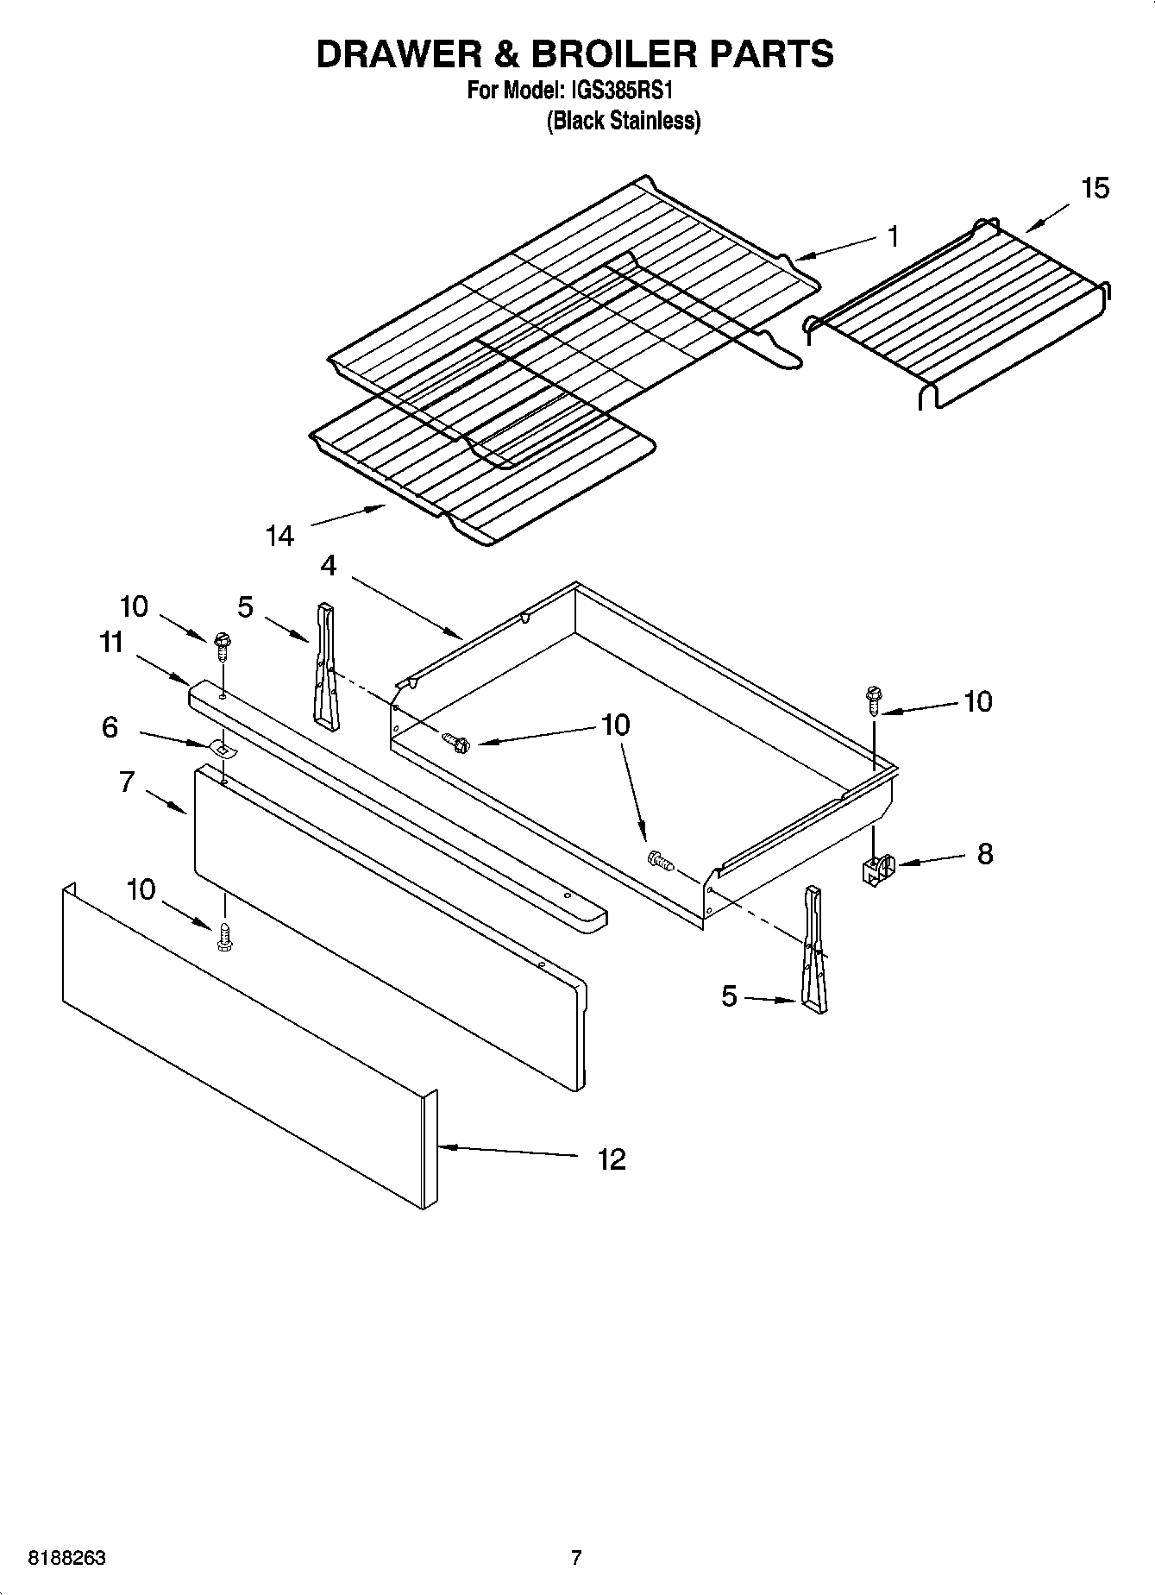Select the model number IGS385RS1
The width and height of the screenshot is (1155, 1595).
622,91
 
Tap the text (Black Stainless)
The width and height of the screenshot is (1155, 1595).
623,121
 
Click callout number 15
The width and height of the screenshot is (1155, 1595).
1095,188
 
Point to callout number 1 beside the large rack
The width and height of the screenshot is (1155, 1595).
894,235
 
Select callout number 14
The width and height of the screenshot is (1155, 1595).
279,537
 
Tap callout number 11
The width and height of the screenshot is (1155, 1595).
111,643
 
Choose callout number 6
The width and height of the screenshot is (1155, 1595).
110,727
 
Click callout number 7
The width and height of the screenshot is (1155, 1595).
127,782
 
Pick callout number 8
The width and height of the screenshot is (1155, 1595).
984,854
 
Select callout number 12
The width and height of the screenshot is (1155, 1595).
611,1159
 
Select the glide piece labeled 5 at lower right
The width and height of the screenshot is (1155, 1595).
814,949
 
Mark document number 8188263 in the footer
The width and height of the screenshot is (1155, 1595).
67,1558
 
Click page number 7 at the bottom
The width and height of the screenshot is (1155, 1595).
576,1558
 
